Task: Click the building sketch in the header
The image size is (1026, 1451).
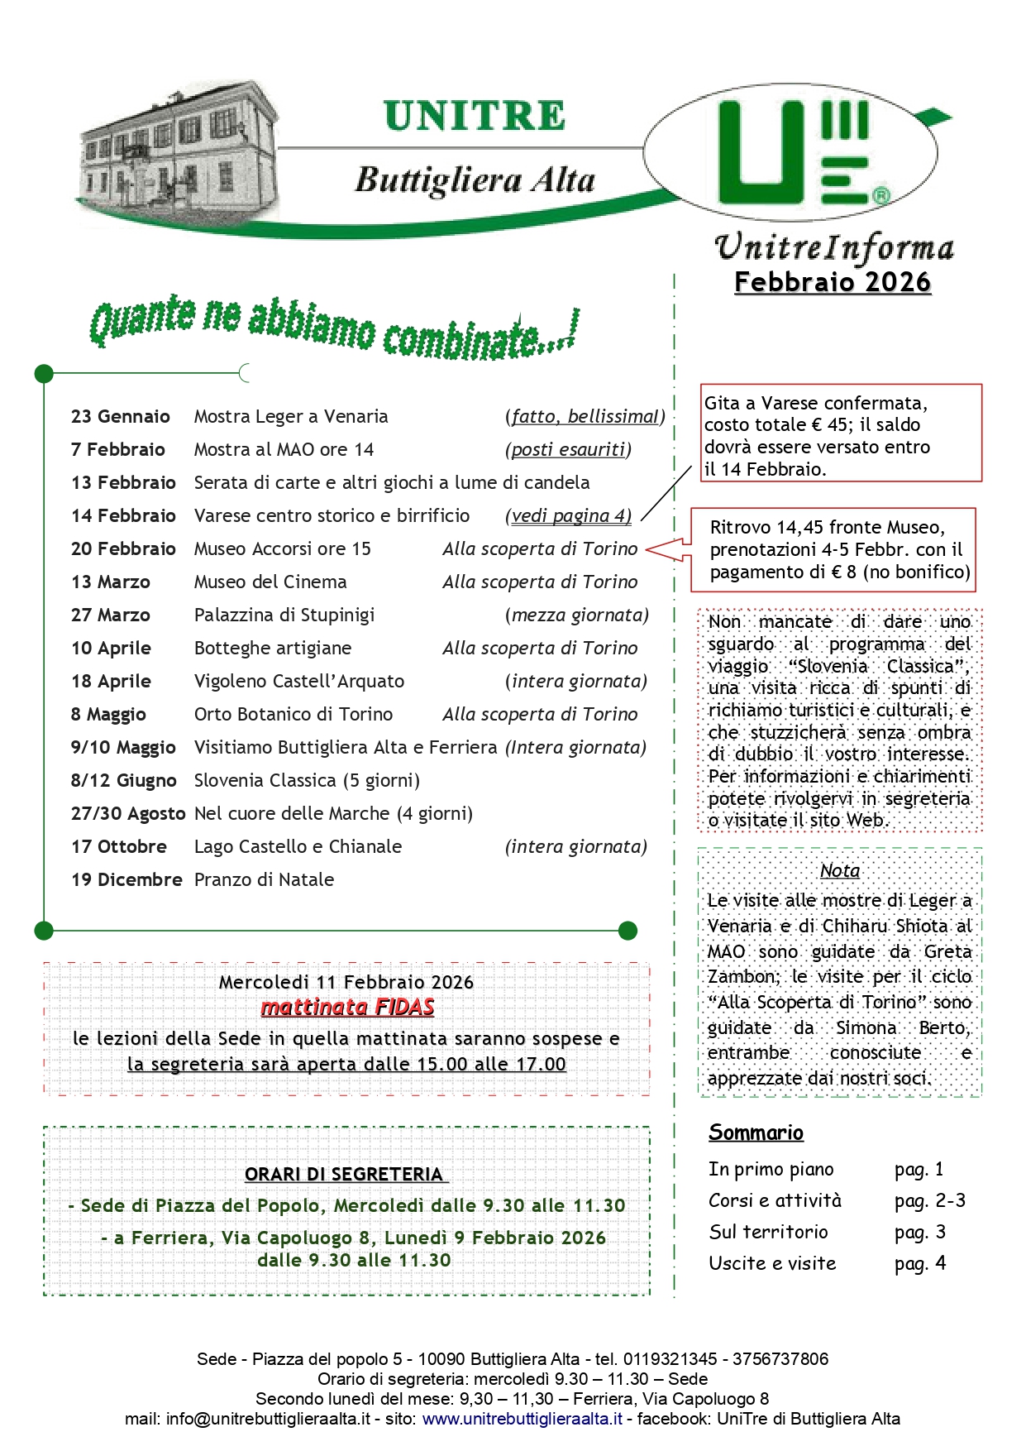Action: click(x=178, y=149)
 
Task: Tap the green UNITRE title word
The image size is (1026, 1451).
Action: click(x=475, y=117)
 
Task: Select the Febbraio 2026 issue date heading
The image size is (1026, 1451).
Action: click(x=833, y=282)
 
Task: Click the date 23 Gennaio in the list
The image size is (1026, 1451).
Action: click(x=121, y=417)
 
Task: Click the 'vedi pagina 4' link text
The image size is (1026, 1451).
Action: click(x=570, y=516)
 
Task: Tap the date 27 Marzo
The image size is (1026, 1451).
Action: click(x=111, y=615)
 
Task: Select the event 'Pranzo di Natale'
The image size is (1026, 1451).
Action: click(x=264, y=880)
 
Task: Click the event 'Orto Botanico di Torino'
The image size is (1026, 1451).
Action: click(x=293, y=715)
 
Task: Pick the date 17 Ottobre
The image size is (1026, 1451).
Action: click(x=119, y=847)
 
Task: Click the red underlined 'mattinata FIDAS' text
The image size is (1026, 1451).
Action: click(x=347, y=1008)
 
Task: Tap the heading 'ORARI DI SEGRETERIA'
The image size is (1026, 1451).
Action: click(x=345, y=1175)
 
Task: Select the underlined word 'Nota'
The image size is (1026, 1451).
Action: click(x=840, y=870)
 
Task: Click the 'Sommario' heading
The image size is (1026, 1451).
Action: click(x=756, y=1133)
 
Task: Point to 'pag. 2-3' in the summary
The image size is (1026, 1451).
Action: click(x=929, y=1200)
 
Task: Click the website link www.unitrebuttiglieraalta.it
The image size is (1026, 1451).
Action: click(x=522, y=1419)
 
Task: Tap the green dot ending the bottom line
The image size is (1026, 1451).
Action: click(x=628, y=931)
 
